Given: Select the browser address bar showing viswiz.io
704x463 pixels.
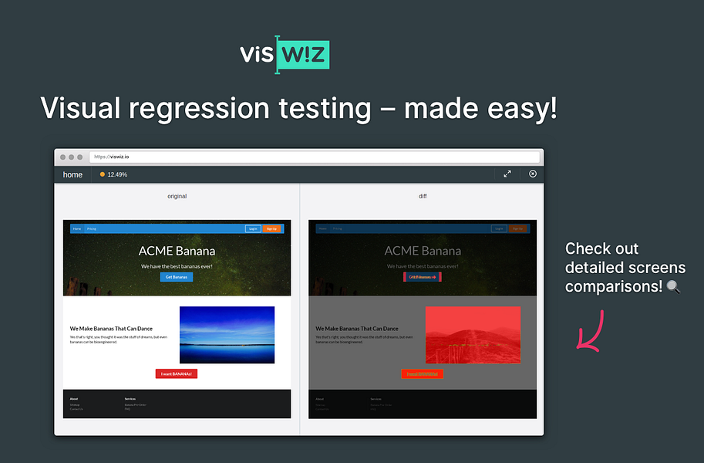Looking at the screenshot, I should point(314,157).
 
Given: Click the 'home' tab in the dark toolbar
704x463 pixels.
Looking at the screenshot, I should point(72,174).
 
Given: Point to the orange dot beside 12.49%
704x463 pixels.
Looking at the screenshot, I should point(103,174).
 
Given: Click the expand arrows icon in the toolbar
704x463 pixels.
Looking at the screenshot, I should point(507,174).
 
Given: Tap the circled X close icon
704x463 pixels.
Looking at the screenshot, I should point(533,174).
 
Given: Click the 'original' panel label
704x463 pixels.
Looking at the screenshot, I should point(177,197).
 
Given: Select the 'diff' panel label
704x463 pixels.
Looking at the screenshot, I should point(423,197).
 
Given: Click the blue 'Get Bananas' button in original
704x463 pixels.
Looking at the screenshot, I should point(177,277).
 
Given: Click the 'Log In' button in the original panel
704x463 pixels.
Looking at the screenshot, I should point(253,228).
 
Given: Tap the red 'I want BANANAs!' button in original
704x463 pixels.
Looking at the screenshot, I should point(177,373).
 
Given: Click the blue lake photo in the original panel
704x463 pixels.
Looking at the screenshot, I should point(227,335).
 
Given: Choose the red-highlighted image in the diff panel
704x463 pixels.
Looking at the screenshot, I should point(473,335).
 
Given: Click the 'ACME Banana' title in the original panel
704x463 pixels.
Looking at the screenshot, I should point(177,251).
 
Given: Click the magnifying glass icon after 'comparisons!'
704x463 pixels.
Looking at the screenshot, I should point(673,287).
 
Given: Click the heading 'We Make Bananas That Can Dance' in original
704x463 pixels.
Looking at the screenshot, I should point(111,329).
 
